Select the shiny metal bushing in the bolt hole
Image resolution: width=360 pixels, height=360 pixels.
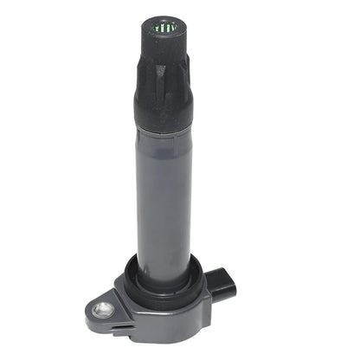tap(104, 305)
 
